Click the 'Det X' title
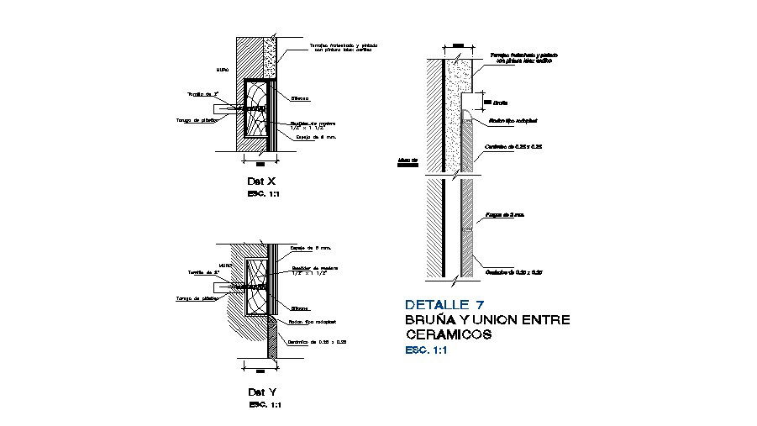pyautogui.click(x=260, y=181)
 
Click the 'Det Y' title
pyautogui.click(x=261, y=392)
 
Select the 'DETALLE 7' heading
pyautogui.click(x=444, y=305)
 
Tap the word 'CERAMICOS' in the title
pyautogui.click(x=448, y=334)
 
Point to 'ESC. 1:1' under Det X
pyautogui.click(x=264, y=194)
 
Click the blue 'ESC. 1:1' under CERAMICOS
pyautogui.click(x=426, y=350)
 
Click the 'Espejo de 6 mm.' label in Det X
pyautogui.click(x=317, y=136)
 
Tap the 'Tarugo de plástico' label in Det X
pyautogui.click(x=198, y=120)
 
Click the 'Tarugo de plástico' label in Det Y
pyautogui.click(x=197, y=298)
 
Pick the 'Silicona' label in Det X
pyautogui.click(x=301, y=98)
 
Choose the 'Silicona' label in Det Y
pyautogui.click(x=301, y=307)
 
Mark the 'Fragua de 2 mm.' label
pyautogui.click(x=507, y=215)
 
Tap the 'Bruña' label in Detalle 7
pyautogui.click(x=501, y=103)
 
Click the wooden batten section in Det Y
pyautogui.click(x=257, y=286)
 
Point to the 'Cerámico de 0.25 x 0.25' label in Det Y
pyautogui.click(x=318, y=342)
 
